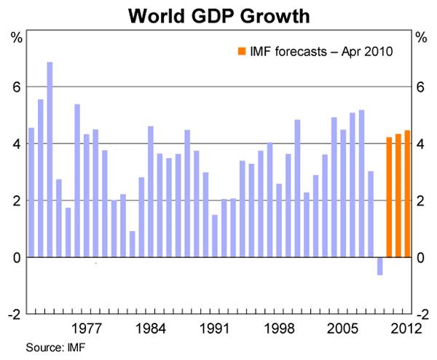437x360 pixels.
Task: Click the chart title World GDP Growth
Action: pos(218,15)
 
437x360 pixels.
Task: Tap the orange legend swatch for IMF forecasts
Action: pos(241,51)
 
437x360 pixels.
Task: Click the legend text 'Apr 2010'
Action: pos(371,51)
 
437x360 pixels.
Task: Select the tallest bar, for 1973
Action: pos(50,160)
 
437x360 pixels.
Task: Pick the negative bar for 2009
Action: pos(379,266)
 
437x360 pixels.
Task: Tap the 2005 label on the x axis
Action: pos(343,329)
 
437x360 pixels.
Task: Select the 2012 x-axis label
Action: pos(406,329)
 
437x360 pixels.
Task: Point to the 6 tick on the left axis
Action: pos(16,87)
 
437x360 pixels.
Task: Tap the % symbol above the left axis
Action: pos(15,36)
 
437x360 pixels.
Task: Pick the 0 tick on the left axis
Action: pos(16,257)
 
